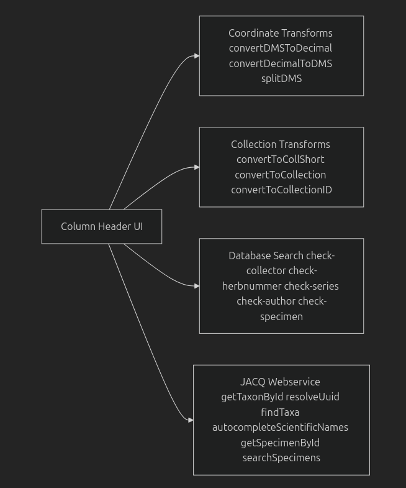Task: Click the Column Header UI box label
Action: (102, 226)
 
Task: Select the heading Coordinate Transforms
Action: (281, 33)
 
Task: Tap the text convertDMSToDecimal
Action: (281, 48)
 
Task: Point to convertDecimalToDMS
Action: (281, 63)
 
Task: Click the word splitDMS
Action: (281, 78)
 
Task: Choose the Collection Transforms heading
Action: (281, 144)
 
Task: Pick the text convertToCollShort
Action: (281, 159)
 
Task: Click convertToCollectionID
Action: (281, 190)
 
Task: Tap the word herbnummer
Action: (251, 286)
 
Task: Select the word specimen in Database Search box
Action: (281, 316)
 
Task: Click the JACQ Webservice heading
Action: (281, 382)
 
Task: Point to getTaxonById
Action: (252, 397)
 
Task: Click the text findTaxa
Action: (280, 412)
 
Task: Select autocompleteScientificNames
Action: (280, 427)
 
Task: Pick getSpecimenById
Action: (280, 443)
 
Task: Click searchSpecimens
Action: (281, 458)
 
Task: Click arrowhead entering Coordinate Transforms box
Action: (196, 56)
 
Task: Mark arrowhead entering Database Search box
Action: (196, 286)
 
